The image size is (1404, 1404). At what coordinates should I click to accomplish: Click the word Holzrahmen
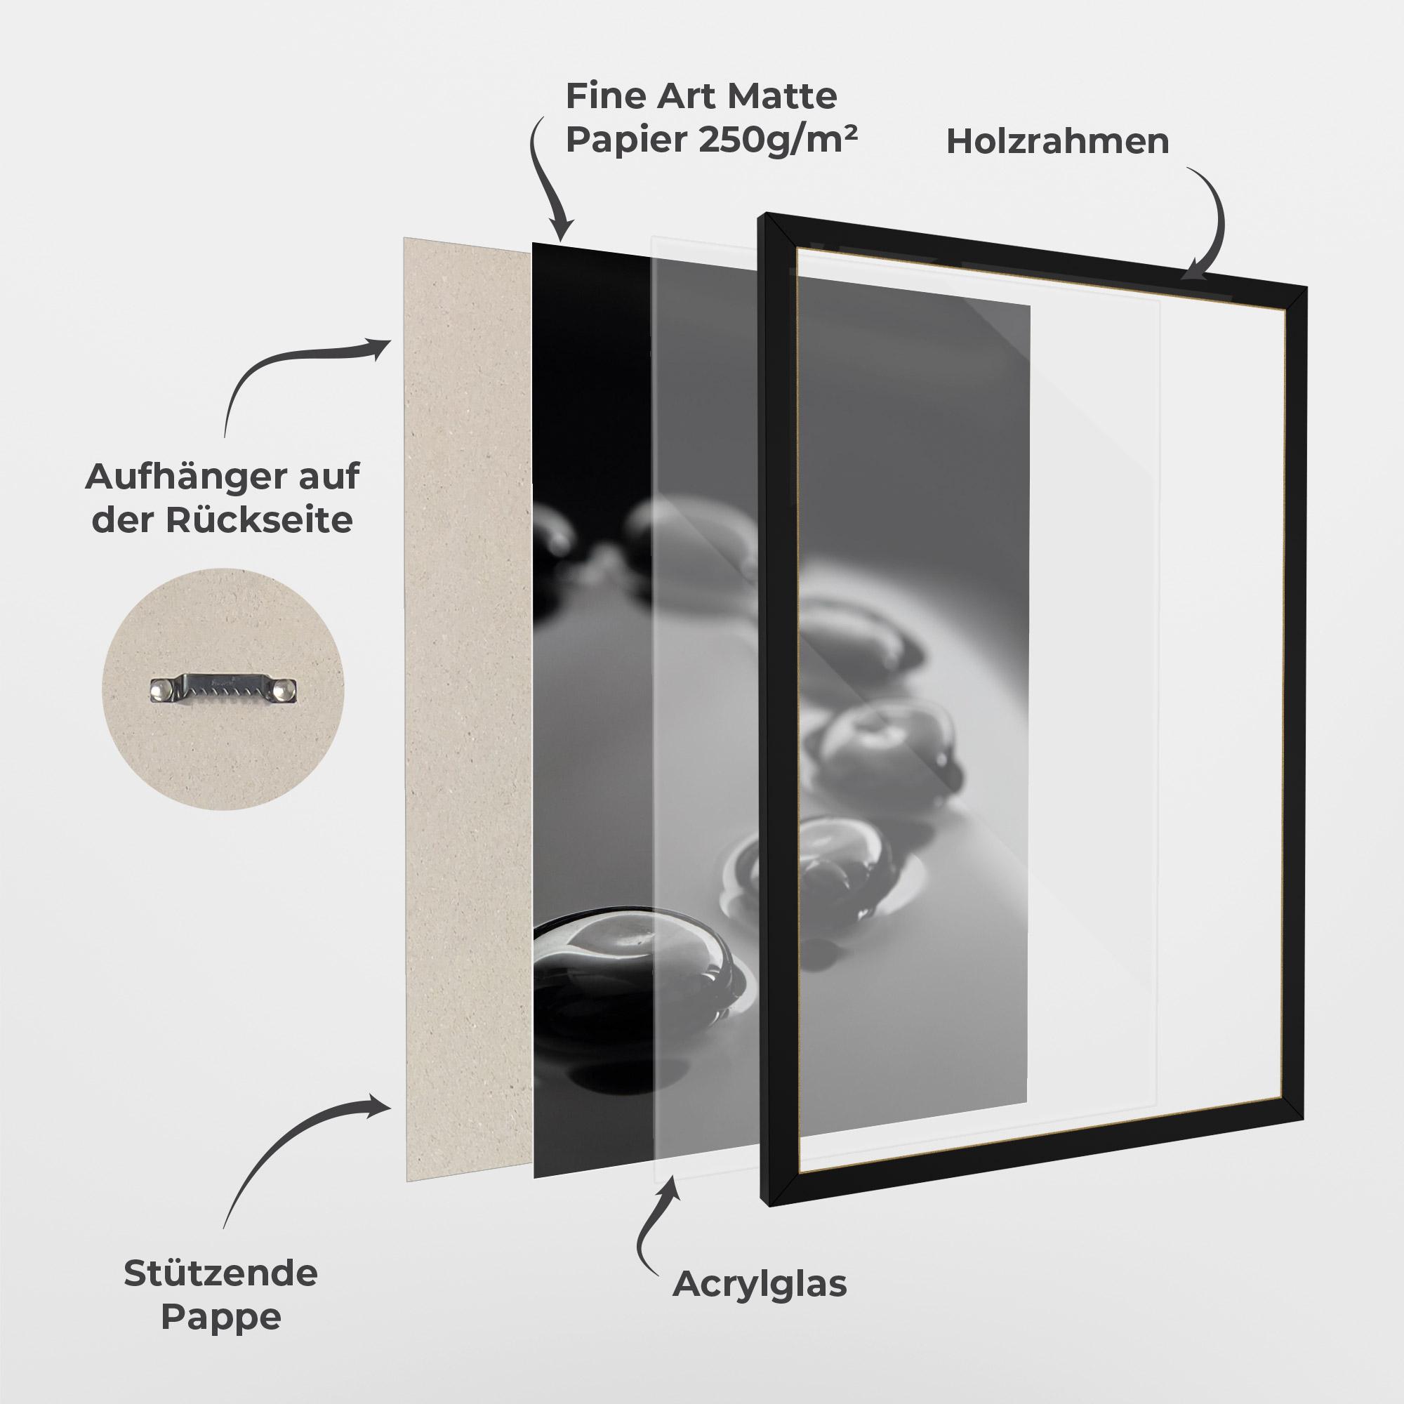tap(1057, 142)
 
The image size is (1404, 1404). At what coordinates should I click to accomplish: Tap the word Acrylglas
tap(760, 1284)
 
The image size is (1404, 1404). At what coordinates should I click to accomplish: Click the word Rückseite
tap(259, 520)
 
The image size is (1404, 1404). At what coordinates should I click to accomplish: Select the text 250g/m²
tap(778, 140)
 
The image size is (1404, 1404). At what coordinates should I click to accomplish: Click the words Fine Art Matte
tap(701, 96)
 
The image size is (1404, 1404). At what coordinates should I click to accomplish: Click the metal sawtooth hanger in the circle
tap(224, 688)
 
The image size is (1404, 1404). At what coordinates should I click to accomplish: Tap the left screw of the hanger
tap(160, 688)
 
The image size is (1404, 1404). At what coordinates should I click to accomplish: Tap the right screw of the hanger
tap(288, 688)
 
